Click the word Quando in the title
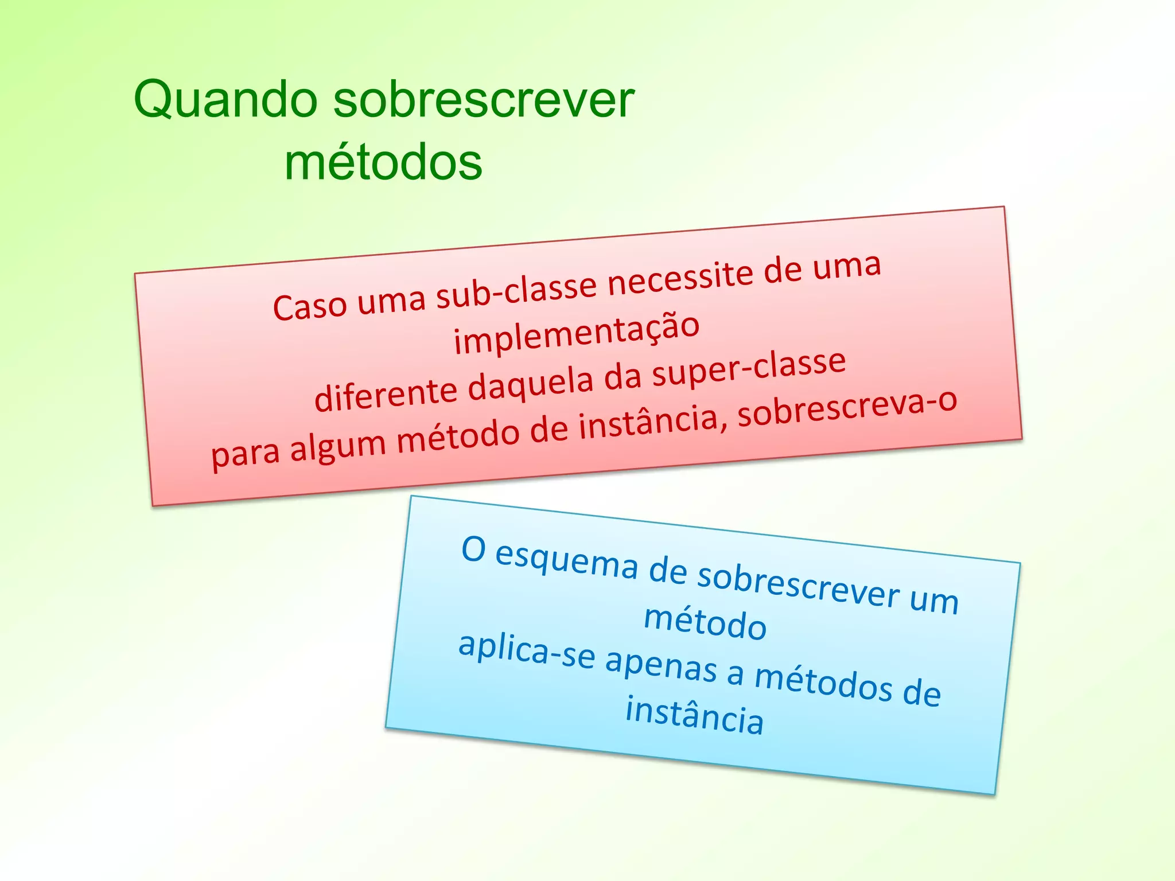[225, 101]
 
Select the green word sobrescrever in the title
[483, 100]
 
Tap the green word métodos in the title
[383, 163]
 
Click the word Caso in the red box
[310, 306]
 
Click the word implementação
[577, 334]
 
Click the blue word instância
[694, 716]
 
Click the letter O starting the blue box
[473, 549]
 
